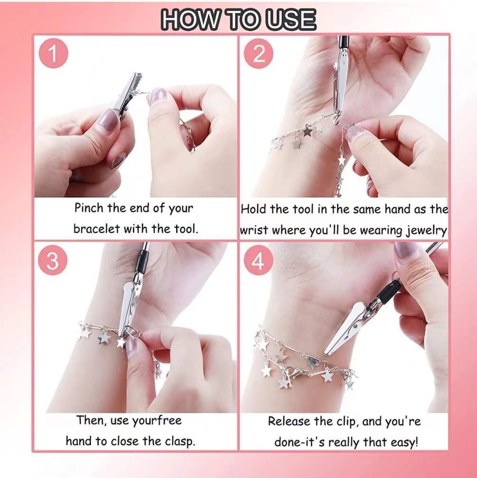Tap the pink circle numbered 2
coord(259,54)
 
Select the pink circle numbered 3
coord(53,261)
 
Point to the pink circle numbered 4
coord(258,261)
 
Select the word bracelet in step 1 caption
coord(97,229)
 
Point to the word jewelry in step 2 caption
coord(427,230)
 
